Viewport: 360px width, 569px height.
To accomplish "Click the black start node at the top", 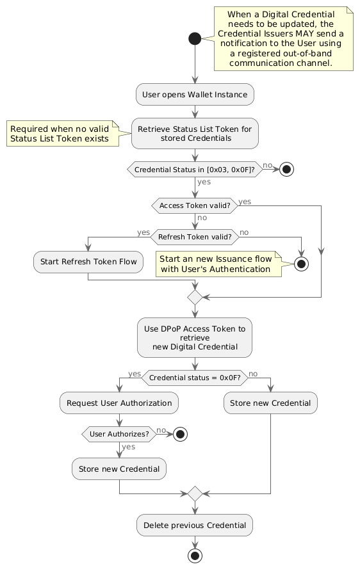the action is point(195,38).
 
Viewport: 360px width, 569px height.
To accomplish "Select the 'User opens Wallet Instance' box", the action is point(195,95).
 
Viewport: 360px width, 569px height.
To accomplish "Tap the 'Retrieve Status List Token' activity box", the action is point(195,134).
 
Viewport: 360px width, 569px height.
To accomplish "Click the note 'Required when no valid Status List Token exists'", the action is point(63,134).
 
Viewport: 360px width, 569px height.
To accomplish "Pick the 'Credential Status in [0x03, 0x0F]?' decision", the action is point(195,170).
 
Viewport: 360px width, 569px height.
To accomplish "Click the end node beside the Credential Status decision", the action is point(286,170).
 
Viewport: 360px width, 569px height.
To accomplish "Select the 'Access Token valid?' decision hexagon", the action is point(195,205).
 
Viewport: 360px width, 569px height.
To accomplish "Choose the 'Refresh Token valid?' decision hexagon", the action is point(195,237).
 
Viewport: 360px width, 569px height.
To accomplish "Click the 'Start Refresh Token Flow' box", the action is point(88,262).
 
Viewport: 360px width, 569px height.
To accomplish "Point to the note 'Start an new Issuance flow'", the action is point(218,264).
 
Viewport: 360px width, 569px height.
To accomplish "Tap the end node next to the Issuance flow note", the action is point(301,264).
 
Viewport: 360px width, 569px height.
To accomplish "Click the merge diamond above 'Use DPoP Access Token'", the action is point(195,297).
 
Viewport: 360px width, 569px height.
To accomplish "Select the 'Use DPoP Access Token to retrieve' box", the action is point(195,338).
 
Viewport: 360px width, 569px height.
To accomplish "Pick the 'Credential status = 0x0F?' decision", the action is point(195,378).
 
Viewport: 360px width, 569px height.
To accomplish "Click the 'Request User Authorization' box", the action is point(119,403).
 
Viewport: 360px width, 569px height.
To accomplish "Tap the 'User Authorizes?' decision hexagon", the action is point(119,434).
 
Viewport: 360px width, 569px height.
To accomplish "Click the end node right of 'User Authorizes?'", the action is point(181,434).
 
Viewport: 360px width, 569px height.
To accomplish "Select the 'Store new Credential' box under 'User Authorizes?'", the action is point(119,469).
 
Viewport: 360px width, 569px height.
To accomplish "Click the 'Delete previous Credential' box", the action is point(195,525).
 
